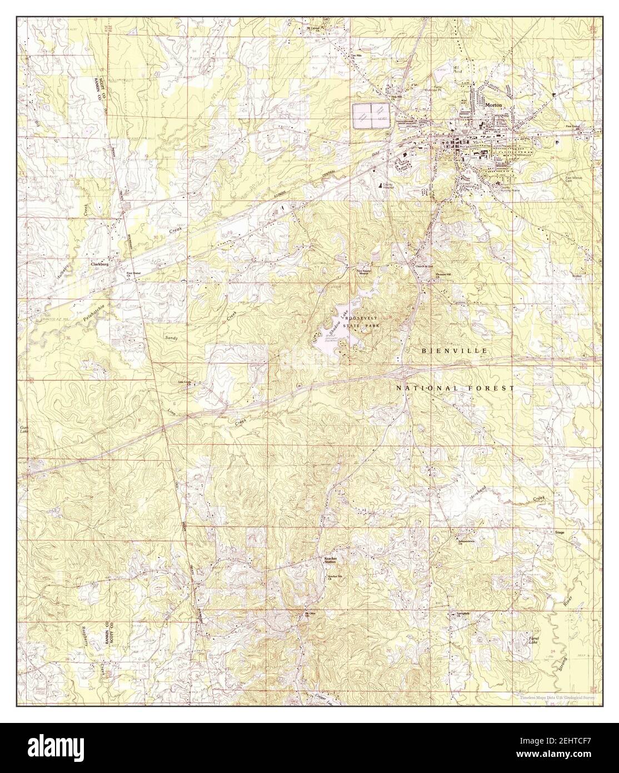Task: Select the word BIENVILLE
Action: pyautogui.click(x=454, y=351)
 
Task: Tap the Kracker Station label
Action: pyautogui.click(x=331, y=560)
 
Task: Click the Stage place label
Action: pyautogui.click(x=560, y=533)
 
